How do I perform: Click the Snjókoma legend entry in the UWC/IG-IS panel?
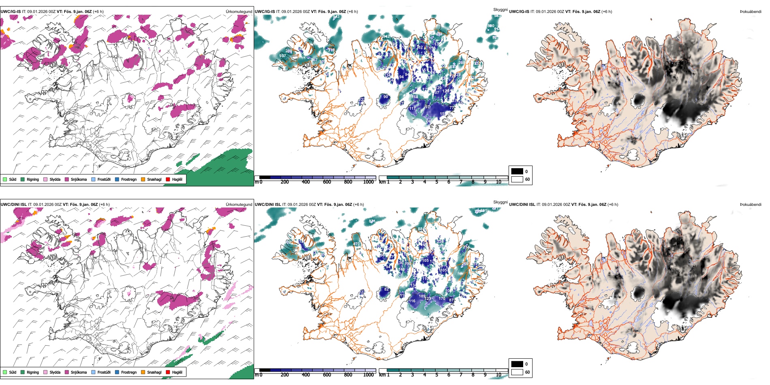(x=79, y=180)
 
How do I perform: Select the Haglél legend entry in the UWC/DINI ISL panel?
(x=177, y=372)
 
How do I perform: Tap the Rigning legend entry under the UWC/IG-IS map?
(x=32, y=180)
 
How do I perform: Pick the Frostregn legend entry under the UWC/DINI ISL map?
(x=129, y=372)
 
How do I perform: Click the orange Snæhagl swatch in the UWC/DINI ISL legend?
(x=143, y=372)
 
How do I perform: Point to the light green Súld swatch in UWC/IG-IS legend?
(x=5, y=180)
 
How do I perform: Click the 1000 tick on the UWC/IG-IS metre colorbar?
(x=368, y=182)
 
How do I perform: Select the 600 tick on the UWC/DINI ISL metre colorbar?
(x=327, y=375)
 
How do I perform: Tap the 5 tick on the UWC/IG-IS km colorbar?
(x=436, y=182)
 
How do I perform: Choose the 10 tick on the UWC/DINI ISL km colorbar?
(x=498, y=375)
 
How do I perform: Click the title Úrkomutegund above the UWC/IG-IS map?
(x=239, y=12)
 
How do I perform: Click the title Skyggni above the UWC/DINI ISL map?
(x=500, y=202)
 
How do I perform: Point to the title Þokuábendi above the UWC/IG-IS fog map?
(x=751, y=12)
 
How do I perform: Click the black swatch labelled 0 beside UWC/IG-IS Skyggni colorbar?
(x=517, y=171)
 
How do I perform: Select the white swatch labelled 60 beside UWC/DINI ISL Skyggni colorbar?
(x=517, y=372)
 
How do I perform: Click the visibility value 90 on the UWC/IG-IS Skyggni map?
(x=385, y=97)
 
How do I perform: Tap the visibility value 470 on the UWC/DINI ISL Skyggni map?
(x=356, y=244)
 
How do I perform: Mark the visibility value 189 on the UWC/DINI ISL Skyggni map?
(x=422, y=296)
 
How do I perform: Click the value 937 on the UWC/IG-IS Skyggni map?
(x=282, y=56)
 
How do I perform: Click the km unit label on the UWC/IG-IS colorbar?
(x=382, y=182)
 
